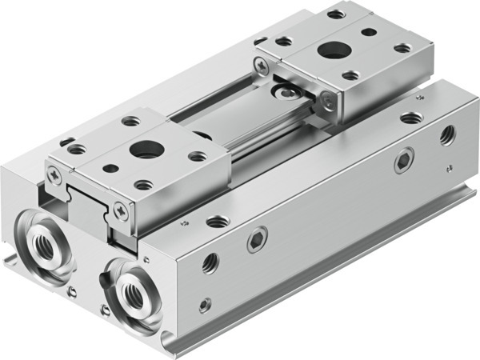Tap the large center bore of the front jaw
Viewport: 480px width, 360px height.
(145, 148)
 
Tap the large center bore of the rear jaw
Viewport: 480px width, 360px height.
(330, 50)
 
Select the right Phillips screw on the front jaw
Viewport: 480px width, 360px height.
(120, 210)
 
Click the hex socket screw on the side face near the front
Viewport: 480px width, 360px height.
(256, 238)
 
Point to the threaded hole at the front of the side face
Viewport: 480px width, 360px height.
(210, 261)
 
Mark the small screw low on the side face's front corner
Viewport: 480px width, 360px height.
(206, 304)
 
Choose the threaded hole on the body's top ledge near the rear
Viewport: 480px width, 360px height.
(411, 118)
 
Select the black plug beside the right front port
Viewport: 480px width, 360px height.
(104, 280)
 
